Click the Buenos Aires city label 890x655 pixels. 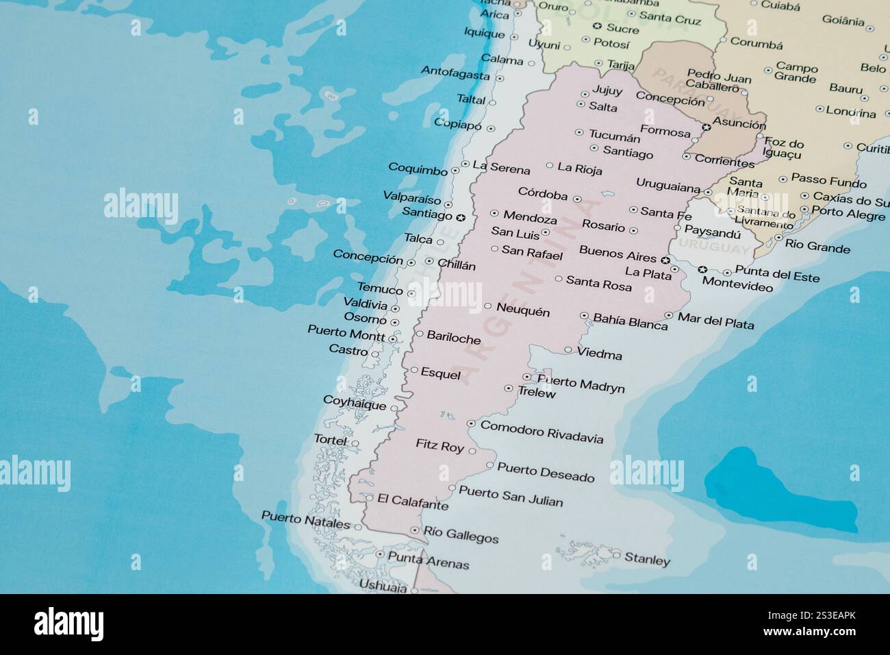(618, 253)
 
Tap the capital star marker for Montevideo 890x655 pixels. (702, 269)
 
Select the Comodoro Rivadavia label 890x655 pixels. (542, 432)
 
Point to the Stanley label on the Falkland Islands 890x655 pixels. (648, 560)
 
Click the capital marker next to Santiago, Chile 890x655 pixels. (461, 218)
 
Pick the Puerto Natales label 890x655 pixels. (306, 519)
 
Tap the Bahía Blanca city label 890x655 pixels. (630, 321)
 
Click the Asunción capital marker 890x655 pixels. (707, 127)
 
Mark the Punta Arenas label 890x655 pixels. (429, 560)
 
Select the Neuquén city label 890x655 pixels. (523, 311)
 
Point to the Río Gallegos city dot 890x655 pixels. (414, 530)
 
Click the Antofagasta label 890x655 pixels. (455, 73)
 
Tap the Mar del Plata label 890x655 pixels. (715, 320)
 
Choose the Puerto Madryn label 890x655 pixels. (581, 384)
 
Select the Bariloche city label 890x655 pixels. (453, 337)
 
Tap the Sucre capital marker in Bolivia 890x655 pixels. (596, 27)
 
